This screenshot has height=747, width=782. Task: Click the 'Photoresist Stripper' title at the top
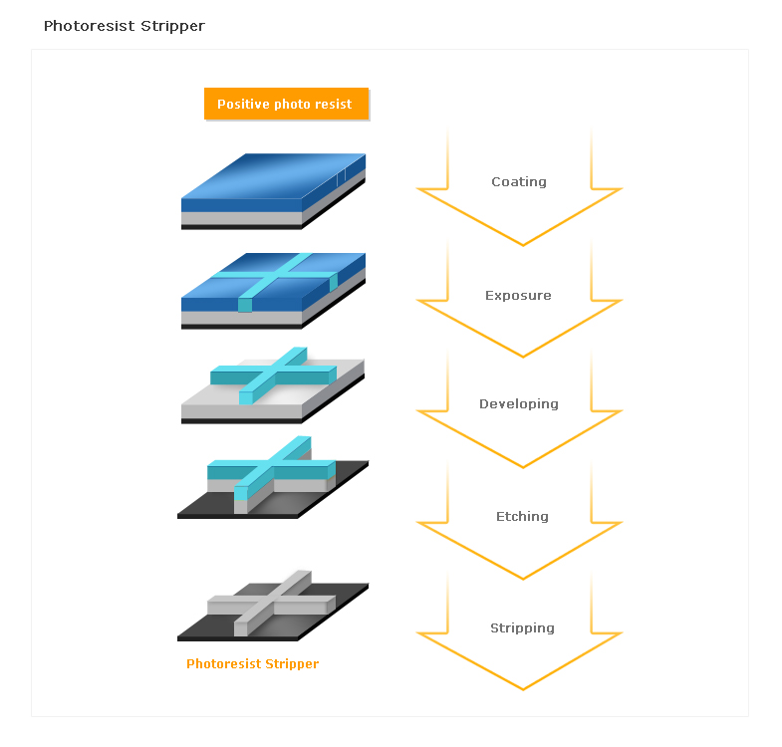125,26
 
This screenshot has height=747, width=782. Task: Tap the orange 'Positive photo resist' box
286,104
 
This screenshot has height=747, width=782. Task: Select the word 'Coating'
519,182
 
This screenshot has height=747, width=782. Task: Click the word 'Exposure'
518,295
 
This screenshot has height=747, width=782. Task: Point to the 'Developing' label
519,404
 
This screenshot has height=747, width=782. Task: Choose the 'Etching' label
522,516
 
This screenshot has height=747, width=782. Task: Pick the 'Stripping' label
522,627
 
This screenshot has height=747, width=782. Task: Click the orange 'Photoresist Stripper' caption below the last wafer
252,663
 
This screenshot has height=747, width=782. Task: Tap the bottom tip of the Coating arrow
523,245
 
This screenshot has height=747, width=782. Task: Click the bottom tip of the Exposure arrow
523,357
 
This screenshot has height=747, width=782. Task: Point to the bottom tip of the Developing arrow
523,468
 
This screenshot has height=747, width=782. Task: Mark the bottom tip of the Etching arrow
523,579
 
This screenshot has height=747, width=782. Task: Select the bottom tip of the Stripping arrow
523,689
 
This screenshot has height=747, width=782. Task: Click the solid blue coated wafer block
273,191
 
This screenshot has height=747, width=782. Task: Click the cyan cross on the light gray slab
273,375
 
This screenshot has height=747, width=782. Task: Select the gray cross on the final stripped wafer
272,604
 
